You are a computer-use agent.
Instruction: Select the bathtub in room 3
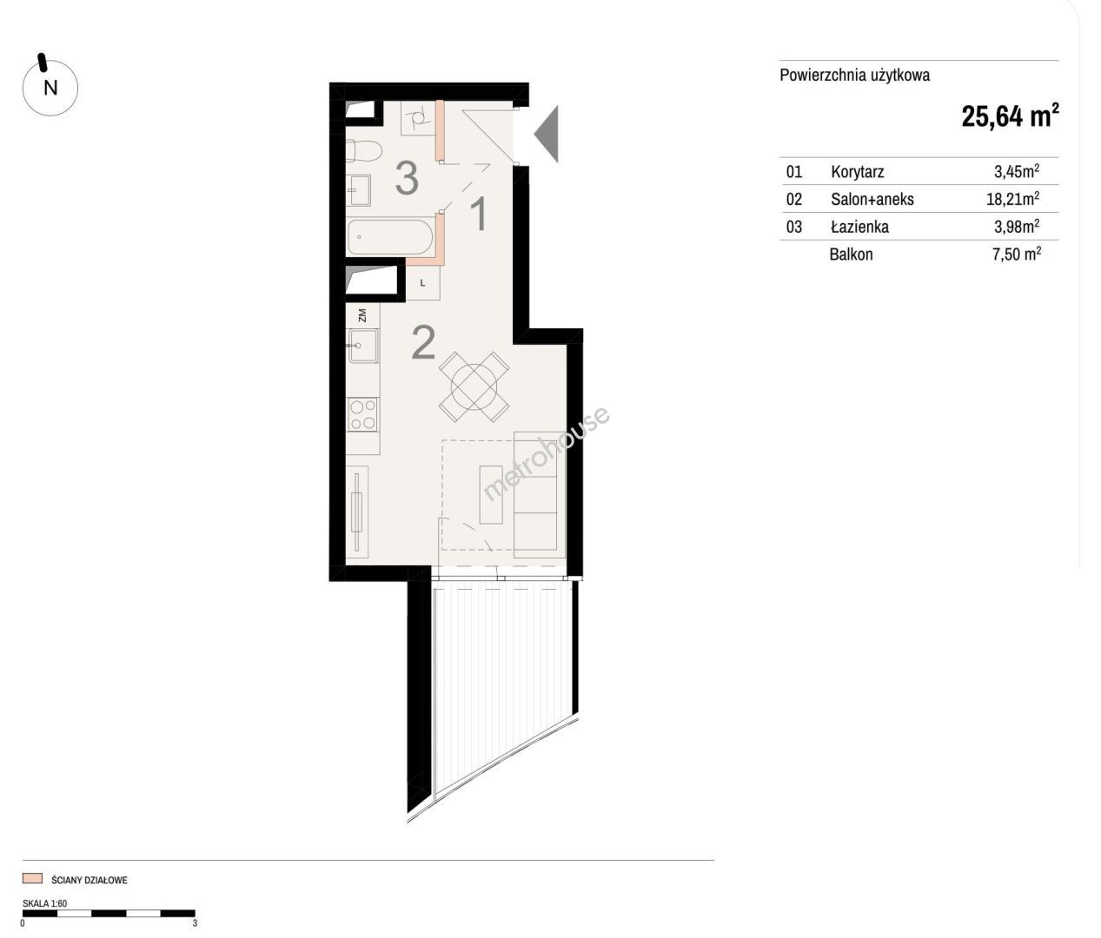390,237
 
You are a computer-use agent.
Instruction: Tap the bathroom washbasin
359,189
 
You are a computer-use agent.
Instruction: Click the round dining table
474,387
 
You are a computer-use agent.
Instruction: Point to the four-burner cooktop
362,415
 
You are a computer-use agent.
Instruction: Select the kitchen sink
362,346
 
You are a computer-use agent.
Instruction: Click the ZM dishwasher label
362,315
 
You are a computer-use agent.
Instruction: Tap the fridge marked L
423,283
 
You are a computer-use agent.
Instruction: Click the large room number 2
423,343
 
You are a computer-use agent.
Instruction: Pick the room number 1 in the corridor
480,214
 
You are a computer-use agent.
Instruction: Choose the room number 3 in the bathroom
407,178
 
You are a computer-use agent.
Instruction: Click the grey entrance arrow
547,134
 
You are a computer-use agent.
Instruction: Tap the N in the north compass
50,88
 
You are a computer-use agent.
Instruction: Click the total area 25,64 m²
1010,116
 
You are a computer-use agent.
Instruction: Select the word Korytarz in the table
858,171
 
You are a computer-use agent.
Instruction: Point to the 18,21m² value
1013,199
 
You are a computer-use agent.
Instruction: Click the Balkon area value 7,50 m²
1017,254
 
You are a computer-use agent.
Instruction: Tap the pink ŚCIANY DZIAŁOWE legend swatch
32,878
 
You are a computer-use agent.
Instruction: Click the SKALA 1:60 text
44,903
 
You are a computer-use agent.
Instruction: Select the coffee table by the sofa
491,494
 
